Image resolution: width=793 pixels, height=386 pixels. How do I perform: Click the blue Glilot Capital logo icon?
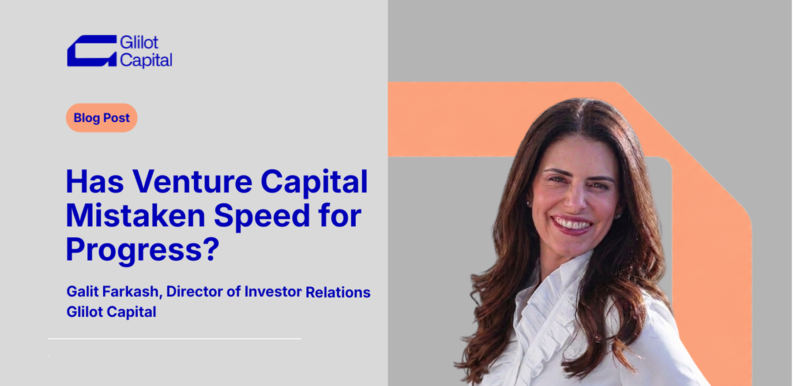click(x=92, y=51)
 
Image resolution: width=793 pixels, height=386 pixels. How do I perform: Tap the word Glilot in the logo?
click(x=139, y=42)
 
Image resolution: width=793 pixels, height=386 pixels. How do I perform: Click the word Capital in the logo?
click(x=146, y=60)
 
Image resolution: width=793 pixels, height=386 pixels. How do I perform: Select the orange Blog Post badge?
click(x=101, y=118)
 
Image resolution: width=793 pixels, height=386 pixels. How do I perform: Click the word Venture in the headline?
click(x=192, y=181)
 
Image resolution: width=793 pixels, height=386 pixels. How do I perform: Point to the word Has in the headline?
click(x=95, y=181)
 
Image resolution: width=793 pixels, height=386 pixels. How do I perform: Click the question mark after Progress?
click(x=211, y=248)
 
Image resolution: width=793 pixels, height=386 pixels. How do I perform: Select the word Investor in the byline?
click(x=273, y=292)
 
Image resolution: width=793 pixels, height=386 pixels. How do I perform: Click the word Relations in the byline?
click(x=338, y=292)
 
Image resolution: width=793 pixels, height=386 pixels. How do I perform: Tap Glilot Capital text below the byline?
click(x=111, y=312)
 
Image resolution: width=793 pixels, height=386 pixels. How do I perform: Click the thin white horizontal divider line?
click(x=174, y=339)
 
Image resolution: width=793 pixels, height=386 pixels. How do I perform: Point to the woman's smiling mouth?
click(x=573, y=225)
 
